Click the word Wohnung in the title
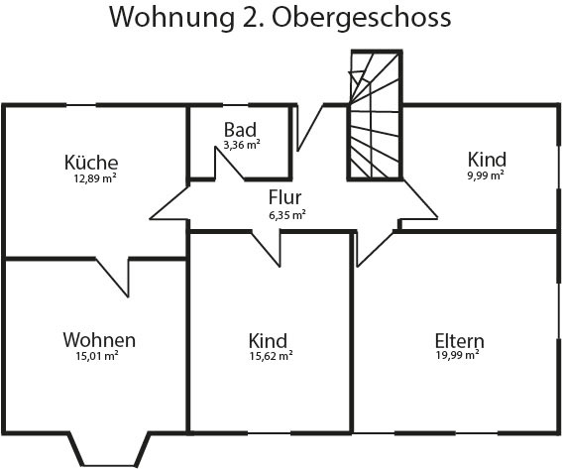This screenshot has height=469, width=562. pos(171,18)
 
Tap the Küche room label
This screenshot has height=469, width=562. pos(91,163)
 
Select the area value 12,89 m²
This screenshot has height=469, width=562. pos(95,178)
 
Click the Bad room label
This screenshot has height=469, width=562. pos(240,130)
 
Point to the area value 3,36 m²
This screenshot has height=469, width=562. pos(242,145)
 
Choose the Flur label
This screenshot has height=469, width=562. pos(284,197)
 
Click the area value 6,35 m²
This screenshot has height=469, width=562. pos(287,215)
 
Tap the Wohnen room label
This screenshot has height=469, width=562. pos(99,340)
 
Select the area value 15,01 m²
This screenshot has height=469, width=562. pos(97,356)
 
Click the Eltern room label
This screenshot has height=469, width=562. pos(459,341)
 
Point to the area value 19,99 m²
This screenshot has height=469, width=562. pos(458,355)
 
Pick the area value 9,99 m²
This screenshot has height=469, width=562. pos(486,176)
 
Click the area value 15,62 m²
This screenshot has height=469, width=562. pos(272,356)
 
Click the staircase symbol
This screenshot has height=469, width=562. pos(375,115)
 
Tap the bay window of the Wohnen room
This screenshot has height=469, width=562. pos(109,450)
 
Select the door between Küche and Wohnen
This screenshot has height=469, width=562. pos(112,277)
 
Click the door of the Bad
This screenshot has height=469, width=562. pos(229,164)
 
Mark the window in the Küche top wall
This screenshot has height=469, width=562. pos(81,105)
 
